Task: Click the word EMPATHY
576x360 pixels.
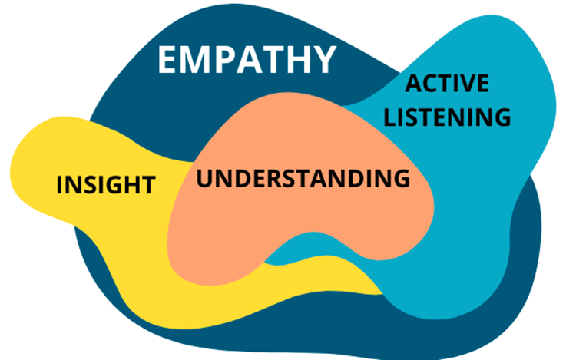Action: (247, 60)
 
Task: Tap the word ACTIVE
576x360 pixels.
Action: (447, 84)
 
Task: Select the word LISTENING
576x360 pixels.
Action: (447, 117)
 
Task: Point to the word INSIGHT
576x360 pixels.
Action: (106, 184)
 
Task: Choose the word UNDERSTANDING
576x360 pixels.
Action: (303, 178)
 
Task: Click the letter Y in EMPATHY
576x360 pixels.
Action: (323, 60)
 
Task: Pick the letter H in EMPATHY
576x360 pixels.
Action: (296, 60)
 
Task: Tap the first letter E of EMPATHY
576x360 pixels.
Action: (168, 60)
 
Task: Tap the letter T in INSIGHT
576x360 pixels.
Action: (147, 184)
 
